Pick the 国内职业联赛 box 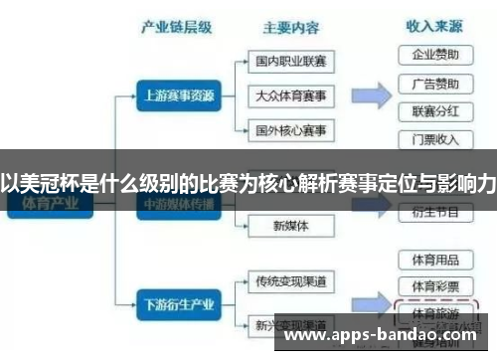290,61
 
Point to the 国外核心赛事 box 290,130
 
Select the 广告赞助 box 434,83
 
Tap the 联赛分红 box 434,111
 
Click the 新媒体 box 290,226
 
